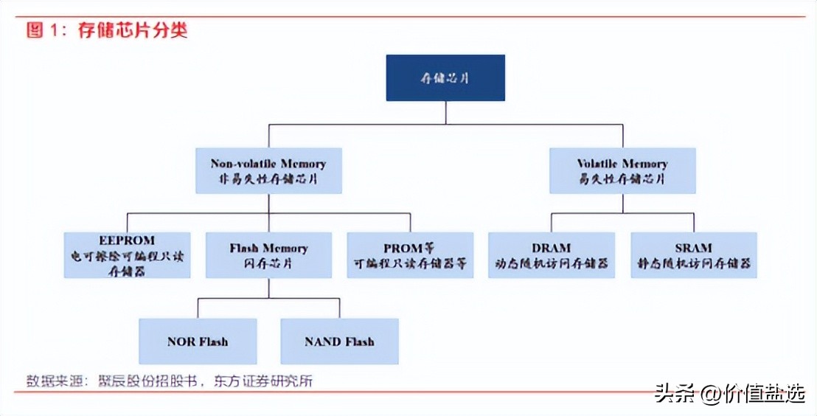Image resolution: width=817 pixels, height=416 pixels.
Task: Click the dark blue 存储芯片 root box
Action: click(445, 77)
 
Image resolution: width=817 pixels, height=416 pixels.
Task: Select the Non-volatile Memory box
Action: click(268, 170)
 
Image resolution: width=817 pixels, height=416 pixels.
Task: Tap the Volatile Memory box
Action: click(622, 170)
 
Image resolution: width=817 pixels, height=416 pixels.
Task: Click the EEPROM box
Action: click(127, 255)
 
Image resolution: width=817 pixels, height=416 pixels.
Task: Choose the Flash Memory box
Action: click(268, 255)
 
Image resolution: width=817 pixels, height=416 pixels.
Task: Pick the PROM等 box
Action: click(410, 255)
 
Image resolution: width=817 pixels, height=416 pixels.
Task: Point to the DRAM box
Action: click(551, 255)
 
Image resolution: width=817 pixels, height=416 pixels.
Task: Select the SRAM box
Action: click(693, 255)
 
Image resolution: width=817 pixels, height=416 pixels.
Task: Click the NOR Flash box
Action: click(198, 342)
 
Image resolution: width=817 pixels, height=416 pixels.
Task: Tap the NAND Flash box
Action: click(339, 342)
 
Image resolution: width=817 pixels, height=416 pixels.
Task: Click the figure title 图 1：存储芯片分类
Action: click(107, 30)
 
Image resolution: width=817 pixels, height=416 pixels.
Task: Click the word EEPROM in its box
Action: click(127, 240)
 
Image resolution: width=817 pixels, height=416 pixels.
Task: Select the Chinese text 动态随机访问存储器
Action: click(551, 263)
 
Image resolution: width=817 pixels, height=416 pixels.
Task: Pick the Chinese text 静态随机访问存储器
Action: click(693, 263)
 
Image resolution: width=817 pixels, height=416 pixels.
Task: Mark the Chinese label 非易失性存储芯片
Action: click(268, 178)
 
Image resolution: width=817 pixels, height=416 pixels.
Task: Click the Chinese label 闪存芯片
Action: click(268, 263)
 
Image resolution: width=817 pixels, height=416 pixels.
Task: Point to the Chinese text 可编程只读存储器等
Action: click(410, 263)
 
